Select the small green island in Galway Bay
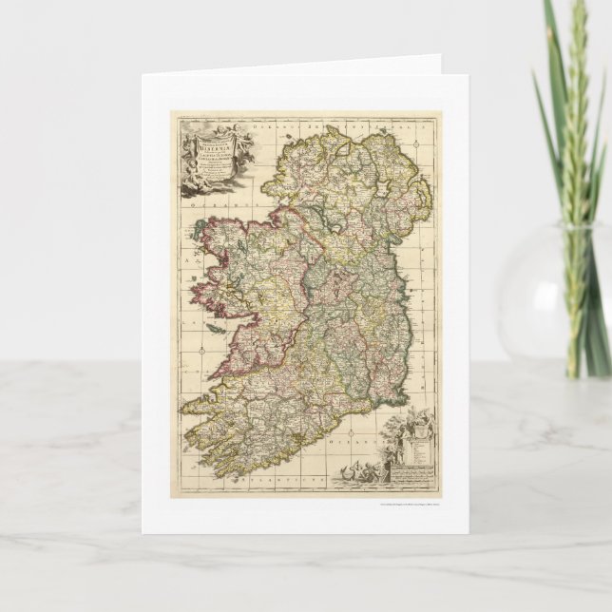point(216,328)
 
